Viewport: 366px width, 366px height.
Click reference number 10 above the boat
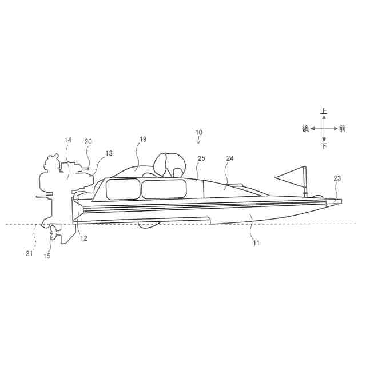[x=198, y=132]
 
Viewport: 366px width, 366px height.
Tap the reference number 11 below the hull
[x=256, y=243]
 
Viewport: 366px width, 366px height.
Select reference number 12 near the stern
[x=83, y=238]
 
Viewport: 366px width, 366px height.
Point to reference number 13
[x=109, y=153]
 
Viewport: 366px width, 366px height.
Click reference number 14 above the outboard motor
[x=67, y=140]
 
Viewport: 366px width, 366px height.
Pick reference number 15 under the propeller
[x=47, y=256]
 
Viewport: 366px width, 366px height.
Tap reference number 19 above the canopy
[x=143, y=139]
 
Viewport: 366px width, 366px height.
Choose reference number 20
[x=88, y=141]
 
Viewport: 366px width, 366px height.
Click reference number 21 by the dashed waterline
[x=29, y=254]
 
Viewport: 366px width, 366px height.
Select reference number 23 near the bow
[x=337, y=178]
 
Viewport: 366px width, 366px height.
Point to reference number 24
[x=230, y=158]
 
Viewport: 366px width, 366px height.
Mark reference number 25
[x=201, y=158]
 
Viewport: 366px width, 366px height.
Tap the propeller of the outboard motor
[x=54, y=232]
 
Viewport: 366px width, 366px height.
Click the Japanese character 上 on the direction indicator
[x=324, y=112]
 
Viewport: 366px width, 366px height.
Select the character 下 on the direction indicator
[x=324, y=146]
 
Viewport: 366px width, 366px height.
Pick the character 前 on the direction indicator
[x=342, y=129]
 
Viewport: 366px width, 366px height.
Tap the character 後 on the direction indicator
[x=305, y=129]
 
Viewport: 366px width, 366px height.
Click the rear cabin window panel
[x=123, y=189]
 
